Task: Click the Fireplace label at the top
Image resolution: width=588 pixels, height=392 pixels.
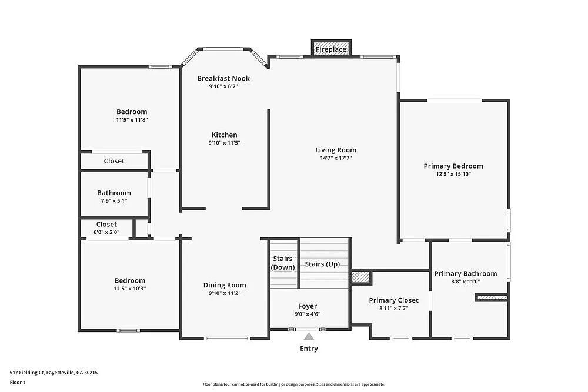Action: point(330,49)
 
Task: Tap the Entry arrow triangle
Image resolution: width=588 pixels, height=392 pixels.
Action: point(309,337)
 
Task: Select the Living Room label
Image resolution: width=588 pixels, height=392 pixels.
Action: point(336,150)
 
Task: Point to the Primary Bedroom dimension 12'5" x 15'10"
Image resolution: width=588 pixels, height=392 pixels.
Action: point(453,174)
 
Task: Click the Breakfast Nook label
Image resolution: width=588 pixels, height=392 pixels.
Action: point(223,78)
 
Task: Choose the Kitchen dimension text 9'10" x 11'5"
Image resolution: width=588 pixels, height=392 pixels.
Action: point(225,143)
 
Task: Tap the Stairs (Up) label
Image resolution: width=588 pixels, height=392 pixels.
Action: point(322,264)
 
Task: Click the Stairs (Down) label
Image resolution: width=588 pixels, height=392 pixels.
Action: point(283,263)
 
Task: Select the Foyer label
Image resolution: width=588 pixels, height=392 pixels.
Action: point(308,306)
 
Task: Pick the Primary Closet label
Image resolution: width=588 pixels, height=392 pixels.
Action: point(394,300)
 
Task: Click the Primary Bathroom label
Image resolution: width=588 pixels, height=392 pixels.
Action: point(465,273)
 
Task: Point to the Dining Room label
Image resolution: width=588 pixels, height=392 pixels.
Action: point(225,285)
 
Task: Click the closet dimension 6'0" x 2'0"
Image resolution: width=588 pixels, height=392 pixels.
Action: point(106,232)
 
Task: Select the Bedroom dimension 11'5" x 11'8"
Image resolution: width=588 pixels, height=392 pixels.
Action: point(132,120)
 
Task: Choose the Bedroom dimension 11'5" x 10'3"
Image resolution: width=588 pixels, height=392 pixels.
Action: point(130,289)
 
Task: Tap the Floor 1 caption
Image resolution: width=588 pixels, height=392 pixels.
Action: point(18,382)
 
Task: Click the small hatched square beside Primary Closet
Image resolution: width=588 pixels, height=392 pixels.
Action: point(360,277)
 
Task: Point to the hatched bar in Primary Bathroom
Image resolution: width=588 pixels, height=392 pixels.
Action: point(492,298)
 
